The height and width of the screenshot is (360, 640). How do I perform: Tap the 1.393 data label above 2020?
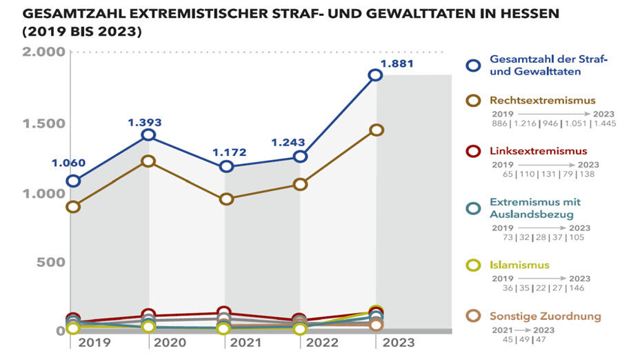point(144,122)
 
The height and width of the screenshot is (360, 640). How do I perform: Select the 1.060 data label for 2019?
point(69,163)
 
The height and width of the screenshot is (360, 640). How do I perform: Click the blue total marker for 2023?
point(375,75)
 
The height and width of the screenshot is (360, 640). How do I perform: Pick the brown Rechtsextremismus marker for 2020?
point(148,161)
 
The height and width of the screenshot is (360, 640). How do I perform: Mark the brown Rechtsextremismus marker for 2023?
point(376,130)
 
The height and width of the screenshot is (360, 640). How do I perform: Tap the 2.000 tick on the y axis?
point(44,52)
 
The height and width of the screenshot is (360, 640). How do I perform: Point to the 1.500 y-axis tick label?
point(44,123)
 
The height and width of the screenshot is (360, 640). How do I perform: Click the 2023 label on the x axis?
point(399,343)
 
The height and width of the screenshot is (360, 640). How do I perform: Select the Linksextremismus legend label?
point(538,151)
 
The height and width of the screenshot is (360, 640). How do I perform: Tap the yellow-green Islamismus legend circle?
point(473,266)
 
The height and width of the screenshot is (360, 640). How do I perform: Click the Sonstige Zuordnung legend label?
point(545,317)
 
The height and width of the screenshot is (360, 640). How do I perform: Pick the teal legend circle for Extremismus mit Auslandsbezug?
point(473,208)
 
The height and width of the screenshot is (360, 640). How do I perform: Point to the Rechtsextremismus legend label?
point(542,100)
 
